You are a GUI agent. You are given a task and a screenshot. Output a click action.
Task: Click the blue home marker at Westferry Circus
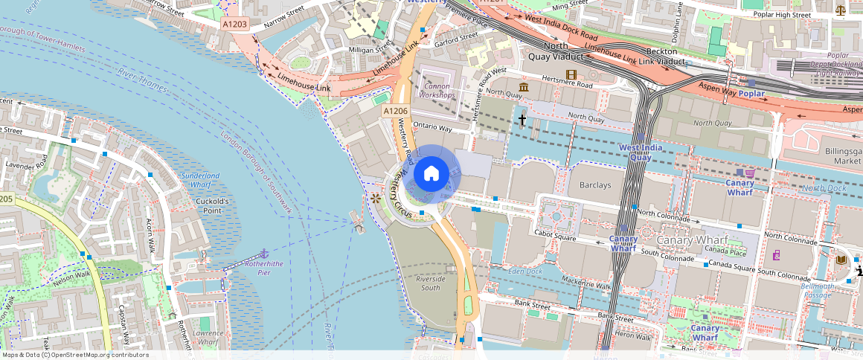click(431, 174)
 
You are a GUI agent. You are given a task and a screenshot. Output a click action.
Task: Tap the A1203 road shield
click(235, 25)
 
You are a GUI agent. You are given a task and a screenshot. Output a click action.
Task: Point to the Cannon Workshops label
click(437, 91)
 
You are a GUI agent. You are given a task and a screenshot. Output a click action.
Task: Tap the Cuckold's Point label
click(211, 206)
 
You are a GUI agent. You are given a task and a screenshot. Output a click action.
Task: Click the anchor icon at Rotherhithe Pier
click(263, 254)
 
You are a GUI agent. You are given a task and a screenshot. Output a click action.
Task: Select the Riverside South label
click(430, 283)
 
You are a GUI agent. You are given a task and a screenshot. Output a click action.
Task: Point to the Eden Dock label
click(525, 271)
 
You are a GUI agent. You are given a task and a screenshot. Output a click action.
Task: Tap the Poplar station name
click(751, 94)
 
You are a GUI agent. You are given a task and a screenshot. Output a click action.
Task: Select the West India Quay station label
click(641, 152)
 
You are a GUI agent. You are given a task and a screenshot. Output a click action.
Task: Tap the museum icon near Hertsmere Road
click(524, 89)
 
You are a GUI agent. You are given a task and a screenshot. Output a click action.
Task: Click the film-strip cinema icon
click(571, 74)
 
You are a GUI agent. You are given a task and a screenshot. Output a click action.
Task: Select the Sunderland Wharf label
click(201, 180)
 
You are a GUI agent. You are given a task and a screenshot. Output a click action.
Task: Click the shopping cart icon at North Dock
click(750, 173)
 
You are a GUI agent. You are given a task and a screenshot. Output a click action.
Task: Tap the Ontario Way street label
click(431, 127)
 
